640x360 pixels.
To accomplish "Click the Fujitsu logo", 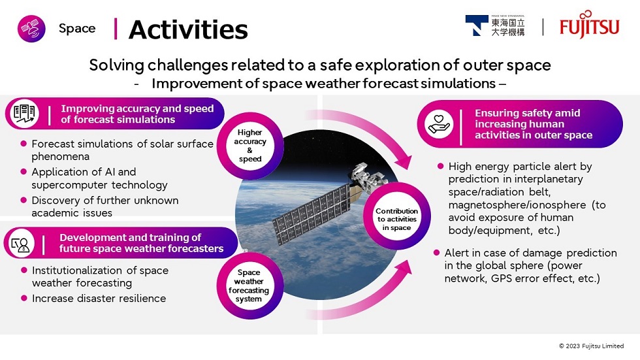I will tap(590, 26).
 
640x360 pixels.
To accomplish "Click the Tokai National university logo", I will tap(494, 26).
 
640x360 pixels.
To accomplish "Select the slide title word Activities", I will tap(188, 29).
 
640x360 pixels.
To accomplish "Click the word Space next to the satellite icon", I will tap(77, 28).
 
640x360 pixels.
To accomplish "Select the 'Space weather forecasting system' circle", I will tap(249, 286).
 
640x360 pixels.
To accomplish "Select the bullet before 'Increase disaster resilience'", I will tap(24, 298).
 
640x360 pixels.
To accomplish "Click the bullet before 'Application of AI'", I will tap(24, 172).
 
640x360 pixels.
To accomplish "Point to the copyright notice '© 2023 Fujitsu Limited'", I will tap(591, 346).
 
